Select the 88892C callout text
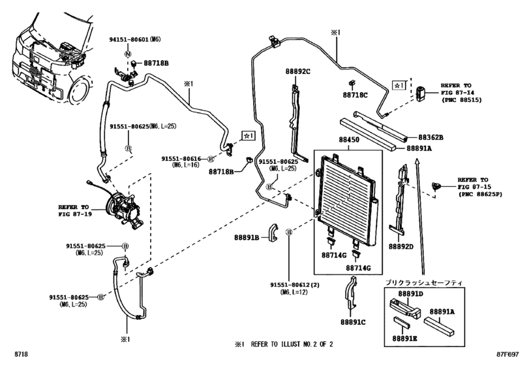297,71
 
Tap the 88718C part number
355,95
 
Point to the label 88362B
429,137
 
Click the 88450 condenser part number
350,141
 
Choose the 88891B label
248,237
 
